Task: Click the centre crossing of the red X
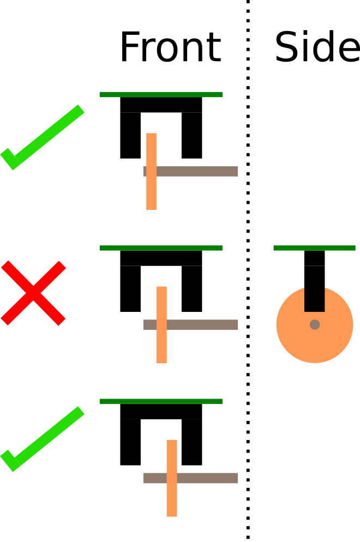(x=33, y=293)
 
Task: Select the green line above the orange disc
(x=314, y=248)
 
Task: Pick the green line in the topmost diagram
(x=161, y=94)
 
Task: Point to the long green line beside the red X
(x=161, y=248)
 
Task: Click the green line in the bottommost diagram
(x=161, y=401)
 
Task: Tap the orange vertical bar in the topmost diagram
(x=151, y=147)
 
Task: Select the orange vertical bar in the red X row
(x=161, y=300)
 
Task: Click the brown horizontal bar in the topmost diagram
(x=202, y=171)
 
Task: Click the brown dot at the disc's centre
(x=315, y=324)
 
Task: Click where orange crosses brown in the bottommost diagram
(x=172, y=478)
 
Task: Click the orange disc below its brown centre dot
(x=315, y=346)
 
